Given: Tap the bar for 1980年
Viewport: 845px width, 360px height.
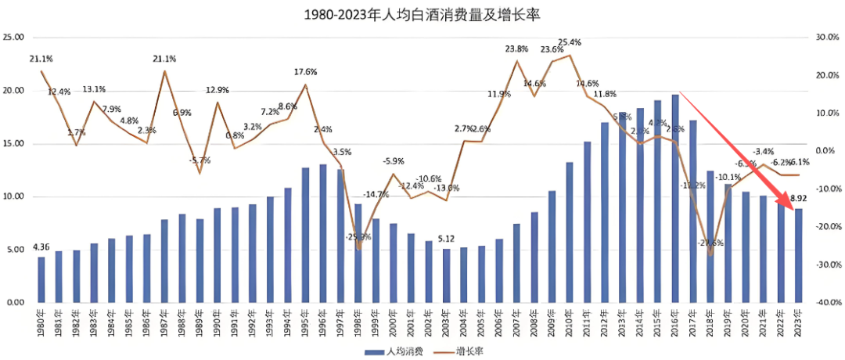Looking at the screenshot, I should coord(41,279).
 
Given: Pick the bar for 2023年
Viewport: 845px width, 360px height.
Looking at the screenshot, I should coord(798,255).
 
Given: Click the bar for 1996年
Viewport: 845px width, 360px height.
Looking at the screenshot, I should coord(322,233).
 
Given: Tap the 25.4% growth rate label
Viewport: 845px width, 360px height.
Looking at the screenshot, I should coord(570,42).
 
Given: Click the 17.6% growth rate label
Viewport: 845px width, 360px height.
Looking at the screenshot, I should coord(306,72).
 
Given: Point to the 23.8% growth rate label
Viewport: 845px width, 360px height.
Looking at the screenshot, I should coord(516,49).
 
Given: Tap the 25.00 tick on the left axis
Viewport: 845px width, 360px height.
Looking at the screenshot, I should coord(13,38).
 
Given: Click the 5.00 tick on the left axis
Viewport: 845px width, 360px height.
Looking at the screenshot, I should coord(16,250).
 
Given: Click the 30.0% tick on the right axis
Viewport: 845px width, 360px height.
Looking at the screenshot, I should coord(827,38).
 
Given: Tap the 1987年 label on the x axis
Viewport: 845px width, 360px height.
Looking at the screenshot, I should coord(164,322).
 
